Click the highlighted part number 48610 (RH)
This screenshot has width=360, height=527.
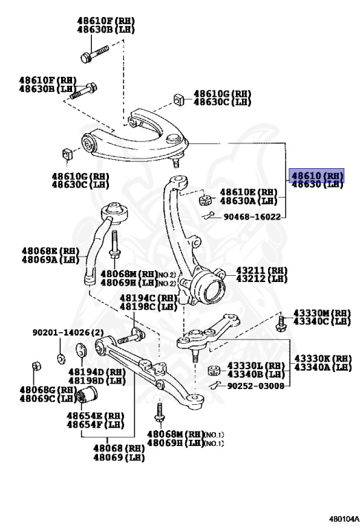(315, 174)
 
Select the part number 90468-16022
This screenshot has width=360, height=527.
(252, 217)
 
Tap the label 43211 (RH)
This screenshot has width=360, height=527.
(261, 270)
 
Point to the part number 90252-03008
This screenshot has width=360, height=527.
(254, 386)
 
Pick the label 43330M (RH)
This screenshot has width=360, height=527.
(322, 312)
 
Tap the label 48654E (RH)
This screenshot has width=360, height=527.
(95, 416)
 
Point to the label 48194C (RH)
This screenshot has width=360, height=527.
(148, 298)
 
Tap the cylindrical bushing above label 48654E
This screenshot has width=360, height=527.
(90, 397)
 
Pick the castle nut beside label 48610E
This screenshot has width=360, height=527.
(203, 200)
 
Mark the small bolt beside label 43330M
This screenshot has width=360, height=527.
(281, 322)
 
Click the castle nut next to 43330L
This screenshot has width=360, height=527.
(213, 371)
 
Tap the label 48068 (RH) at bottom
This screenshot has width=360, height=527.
(119, 448)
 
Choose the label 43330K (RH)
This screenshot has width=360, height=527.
(322, 359)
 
